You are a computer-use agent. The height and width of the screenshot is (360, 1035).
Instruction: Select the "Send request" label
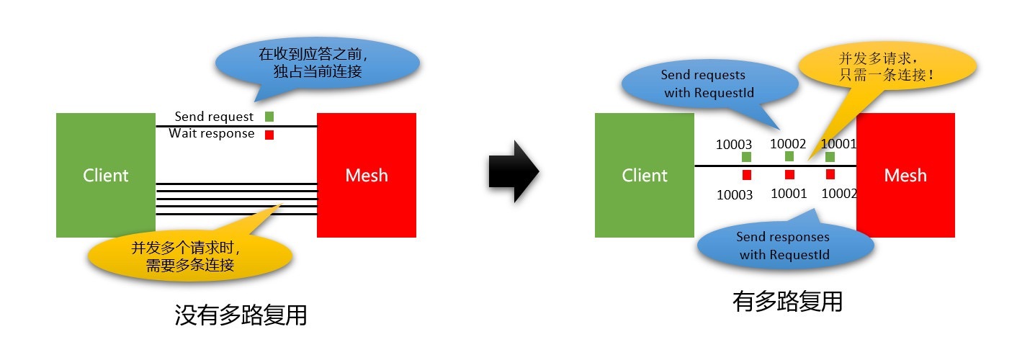[x=214, y=117]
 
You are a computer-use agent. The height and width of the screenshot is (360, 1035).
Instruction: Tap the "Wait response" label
[x=211, y=134]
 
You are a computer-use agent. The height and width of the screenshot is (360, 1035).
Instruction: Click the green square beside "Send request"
[x=269, y=117]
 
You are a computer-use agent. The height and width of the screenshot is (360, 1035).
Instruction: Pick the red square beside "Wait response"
[x=269, y=135]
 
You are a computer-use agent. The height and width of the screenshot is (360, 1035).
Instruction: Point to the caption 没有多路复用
[x=241, y=315]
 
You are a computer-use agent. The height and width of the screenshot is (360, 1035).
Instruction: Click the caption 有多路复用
[x=787, y=301]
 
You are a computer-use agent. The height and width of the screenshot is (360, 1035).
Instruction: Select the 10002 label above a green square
[x=788, y=143]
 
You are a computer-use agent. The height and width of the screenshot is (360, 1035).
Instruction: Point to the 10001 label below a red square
[x=789, y=194]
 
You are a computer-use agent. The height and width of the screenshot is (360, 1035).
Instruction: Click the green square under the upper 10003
[x=746, y=156]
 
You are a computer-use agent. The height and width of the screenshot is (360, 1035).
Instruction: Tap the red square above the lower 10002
[x=830, y=174]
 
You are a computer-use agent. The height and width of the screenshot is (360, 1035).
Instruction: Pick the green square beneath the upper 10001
[x=830, y=156]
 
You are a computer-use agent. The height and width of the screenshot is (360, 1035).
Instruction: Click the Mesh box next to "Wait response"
[x=366, y=175]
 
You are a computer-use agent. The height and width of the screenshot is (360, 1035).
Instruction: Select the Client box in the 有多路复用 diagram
[x=644, y=175]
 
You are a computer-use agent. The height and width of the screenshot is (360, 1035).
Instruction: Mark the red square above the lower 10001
[x=789, y=174]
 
